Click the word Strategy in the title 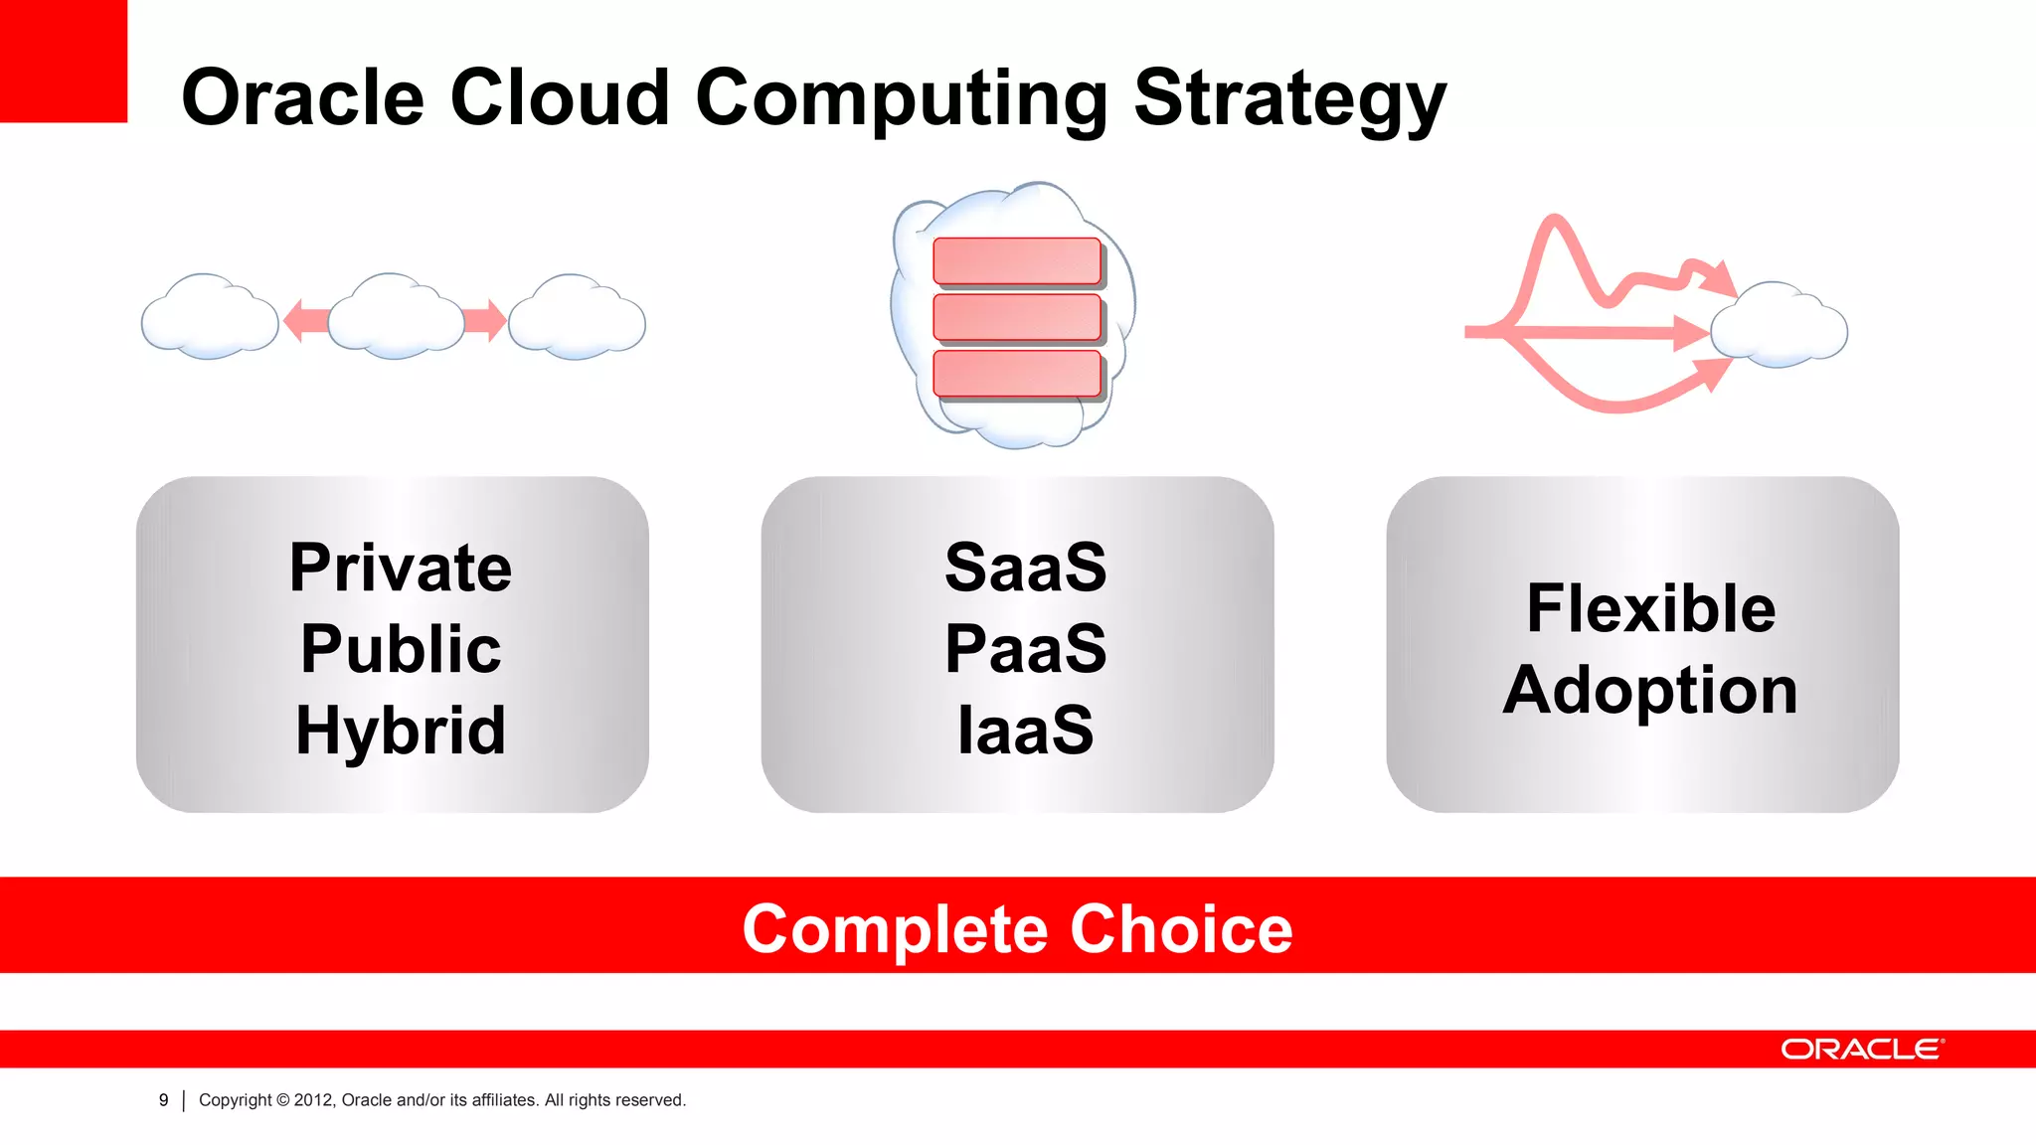(1289, 99)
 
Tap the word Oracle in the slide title (302, 99)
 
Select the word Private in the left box (401, 569)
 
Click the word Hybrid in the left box (401, 731)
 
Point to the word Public (401, 649)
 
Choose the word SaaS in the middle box (1025, 569)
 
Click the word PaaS (1025, 649)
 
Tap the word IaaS (1025, 731)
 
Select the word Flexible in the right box (1650, 608)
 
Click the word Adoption (1650, 690)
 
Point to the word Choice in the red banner (1181, 929)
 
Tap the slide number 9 (164, 1100)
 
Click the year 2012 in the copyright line (313, 1100)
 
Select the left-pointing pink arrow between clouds (305, 321)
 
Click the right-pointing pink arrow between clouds (485, 321)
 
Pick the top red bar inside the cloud (1017, 260)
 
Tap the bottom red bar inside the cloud (1017, 373)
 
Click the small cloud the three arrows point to (1780, 326)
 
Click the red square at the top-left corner (63, 61)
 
